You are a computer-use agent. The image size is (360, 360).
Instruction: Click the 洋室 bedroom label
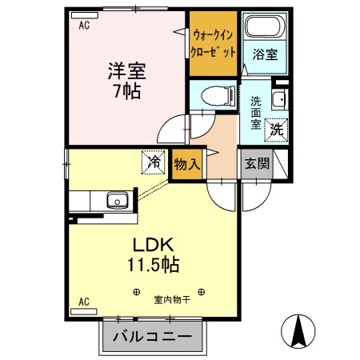[126, 70]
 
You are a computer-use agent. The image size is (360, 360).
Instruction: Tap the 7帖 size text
[126, 90]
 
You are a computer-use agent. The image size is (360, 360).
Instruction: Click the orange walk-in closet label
[214, 44]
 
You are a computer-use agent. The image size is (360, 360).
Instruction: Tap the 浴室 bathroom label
[264, 56]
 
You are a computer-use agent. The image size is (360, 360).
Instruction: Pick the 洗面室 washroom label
[256, 113]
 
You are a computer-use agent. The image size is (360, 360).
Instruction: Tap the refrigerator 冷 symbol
[152, 162]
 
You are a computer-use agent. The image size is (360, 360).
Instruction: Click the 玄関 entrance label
[257, 164]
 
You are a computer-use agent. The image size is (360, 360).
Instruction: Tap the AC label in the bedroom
[83, 25]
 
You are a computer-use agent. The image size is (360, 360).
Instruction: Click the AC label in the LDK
[83, 302]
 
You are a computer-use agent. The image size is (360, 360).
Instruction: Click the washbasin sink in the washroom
[278, 100]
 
